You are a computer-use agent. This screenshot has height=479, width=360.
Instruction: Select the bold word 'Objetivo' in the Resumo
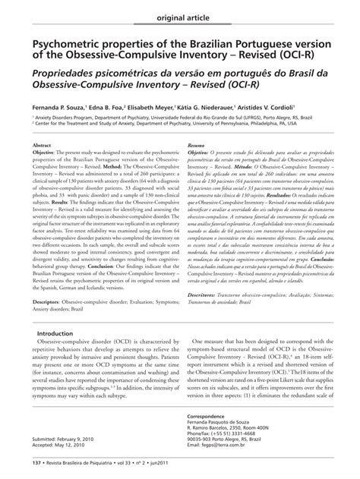click(x=199, y=152)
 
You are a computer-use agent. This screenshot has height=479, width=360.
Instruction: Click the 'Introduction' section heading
click(x=61, y=333)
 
